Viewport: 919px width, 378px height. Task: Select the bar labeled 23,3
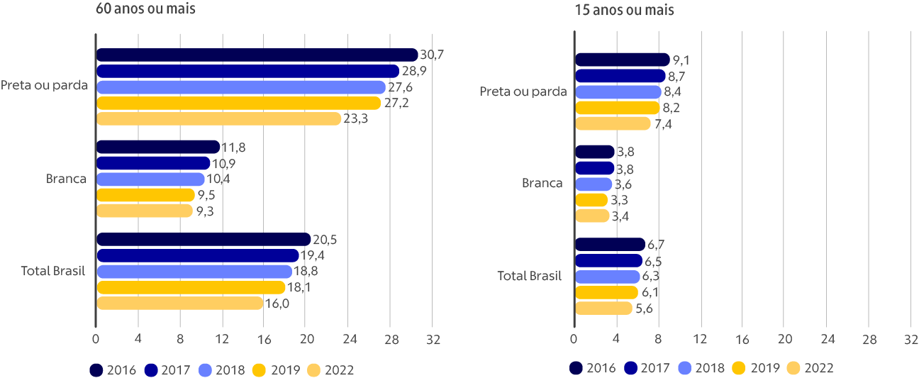(218, 118)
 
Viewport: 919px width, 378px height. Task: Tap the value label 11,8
(234, 148)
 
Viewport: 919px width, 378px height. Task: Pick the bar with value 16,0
(179, 304)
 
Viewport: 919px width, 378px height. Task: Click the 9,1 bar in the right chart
(621, 60)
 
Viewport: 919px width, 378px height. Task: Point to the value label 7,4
(663, 124)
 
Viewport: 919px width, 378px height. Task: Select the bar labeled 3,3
(591, 200)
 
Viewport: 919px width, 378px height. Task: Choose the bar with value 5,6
(603, 308)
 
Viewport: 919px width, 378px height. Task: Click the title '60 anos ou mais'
(145, 10)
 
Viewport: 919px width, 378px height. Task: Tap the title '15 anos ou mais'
(624, 10)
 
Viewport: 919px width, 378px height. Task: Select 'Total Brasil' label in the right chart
(530, 276)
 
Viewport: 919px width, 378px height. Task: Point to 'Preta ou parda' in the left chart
(45, 86)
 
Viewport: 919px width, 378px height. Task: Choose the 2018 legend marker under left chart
(205, 369)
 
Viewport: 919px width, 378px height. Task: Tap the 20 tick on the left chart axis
(306, 340)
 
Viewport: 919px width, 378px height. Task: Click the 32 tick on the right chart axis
(910, 340)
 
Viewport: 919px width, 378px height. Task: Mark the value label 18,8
(306, 272)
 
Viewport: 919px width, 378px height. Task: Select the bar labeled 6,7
(609, 245)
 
